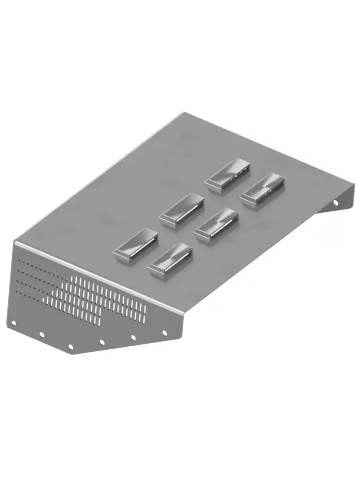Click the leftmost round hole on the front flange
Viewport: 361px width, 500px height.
coord(14,323)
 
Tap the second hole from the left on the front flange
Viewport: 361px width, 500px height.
coord(42,335)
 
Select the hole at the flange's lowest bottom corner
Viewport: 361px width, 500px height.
coord(71,347)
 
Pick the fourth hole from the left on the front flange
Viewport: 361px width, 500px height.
coord(102,342)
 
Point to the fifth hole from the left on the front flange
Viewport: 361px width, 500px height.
coord(133,337)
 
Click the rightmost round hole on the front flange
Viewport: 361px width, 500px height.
coord(164,333)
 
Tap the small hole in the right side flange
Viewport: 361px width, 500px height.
coord(336,203)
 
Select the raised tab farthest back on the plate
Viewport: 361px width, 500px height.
coord(228,174)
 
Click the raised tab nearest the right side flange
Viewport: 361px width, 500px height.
coord(262,189)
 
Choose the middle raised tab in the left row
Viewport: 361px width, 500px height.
coord(181,209)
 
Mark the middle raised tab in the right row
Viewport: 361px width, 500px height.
coord(215,224)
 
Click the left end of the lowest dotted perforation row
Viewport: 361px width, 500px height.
coord(18,292)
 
